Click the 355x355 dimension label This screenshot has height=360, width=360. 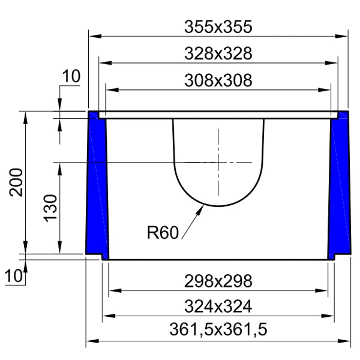218,27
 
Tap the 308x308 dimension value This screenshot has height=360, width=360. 218,80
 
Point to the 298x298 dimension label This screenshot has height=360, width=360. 218,281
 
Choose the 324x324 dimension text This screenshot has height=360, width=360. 218,307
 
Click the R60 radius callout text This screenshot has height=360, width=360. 163,232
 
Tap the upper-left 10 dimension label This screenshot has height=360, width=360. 71,76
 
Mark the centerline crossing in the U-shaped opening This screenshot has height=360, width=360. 218,162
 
